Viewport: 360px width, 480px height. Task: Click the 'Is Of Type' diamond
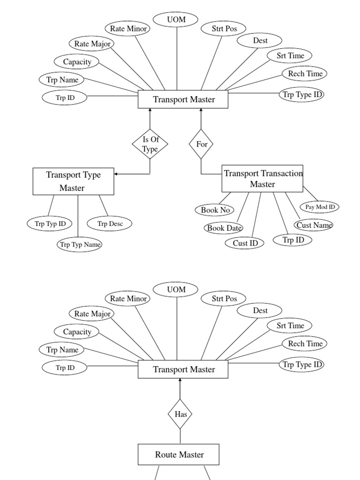(x=150, y=144)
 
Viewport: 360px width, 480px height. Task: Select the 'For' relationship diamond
(x=201, y=144)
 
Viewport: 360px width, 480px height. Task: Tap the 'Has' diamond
(x=180, y=414)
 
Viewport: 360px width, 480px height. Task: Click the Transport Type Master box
(x=73, y=181)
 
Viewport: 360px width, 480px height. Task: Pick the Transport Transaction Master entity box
(x=262, y=179)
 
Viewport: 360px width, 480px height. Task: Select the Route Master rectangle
(x=180, y=455)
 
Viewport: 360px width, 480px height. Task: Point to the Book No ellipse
(x=215, y=210)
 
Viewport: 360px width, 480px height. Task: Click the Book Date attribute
(x=224, y=228)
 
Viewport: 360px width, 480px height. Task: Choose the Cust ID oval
(x=242, y=243)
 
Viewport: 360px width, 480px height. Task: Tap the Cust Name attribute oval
(x=314, y=225)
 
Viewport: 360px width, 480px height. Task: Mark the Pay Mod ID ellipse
(x=319, y=207)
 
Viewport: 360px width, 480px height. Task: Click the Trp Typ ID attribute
(x=50, y=224)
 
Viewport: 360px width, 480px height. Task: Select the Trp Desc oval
(x=109, y=224)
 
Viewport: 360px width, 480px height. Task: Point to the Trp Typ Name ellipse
(x=79, y=244)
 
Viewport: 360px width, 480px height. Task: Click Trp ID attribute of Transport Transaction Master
(x=294, y=240)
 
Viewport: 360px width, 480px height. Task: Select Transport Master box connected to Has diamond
(x=183, y=369)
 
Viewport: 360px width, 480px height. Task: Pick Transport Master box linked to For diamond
(x=183, y=99)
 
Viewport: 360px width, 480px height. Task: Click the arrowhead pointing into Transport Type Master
(x=116, y=174)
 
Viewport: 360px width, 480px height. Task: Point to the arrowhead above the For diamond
(x=201, y=111)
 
